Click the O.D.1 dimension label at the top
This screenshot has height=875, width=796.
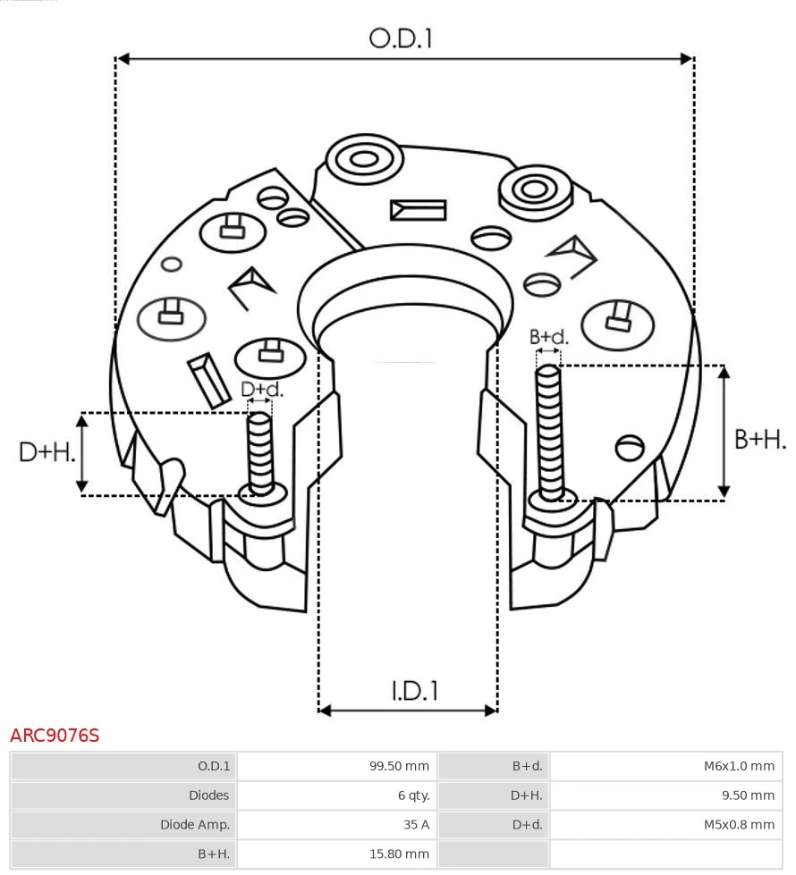[401, 38]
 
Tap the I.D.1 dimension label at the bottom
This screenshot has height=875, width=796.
[414, 691]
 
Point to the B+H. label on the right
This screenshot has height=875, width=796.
[759, 439]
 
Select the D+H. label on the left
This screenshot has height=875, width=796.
[47, 452]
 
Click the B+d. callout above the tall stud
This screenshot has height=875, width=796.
[548, 337]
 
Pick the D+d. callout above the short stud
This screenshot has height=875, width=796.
[261, 390]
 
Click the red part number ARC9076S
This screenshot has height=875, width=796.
[55, 736]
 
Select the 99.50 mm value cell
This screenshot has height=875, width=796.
[399, 766]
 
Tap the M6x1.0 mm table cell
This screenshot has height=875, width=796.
[739, 766]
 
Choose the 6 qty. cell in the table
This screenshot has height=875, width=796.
[411, 795]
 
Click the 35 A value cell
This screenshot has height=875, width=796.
[418, 825]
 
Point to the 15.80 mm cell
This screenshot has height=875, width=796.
[399, 854]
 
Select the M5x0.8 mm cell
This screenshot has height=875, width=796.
[739, 825]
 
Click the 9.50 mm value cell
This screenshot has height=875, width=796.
[749, 795]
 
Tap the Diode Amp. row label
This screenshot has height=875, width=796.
[195, 825]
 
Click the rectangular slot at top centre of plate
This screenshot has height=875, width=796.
[418, 211]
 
